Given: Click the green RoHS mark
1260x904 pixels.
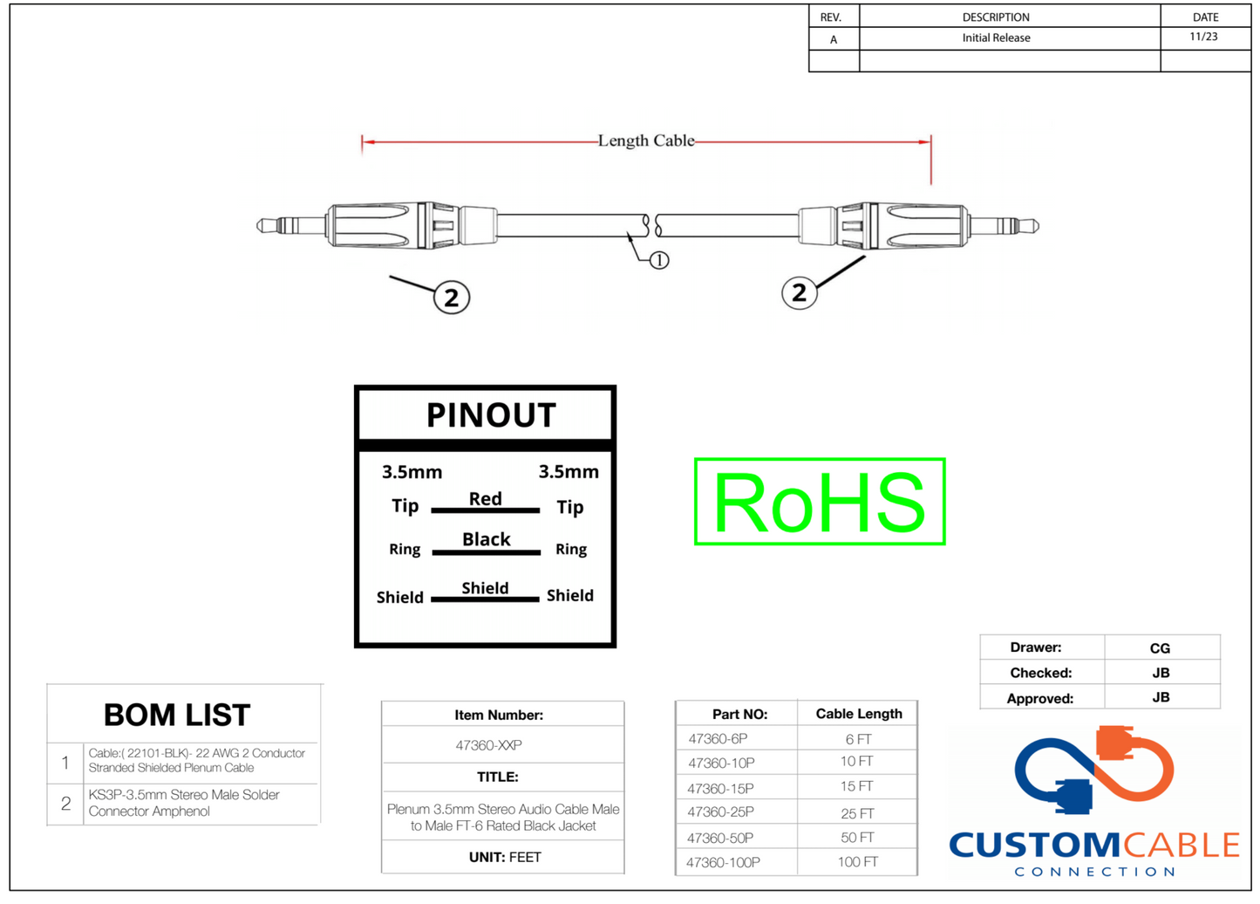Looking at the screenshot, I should (819, 502).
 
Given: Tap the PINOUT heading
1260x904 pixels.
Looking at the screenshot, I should (490, 415).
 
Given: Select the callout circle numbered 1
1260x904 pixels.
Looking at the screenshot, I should (659, 260).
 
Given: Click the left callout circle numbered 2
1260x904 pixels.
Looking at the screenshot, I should (452, 298).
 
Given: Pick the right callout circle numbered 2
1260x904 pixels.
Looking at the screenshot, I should (799, 292).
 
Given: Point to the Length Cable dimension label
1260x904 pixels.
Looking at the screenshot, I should (645, 140).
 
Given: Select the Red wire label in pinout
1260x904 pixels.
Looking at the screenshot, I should (485, 498).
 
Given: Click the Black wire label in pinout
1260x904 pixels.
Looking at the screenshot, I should (486, 539).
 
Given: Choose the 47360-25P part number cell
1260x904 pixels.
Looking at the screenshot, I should (720, 812).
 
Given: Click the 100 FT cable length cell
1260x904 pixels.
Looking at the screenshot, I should (857, 862).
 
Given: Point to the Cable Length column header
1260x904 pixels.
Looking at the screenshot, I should (858, 714).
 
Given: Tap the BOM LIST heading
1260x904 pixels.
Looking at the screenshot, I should (177, 716).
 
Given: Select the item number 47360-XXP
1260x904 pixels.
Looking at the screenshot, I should (488, 745).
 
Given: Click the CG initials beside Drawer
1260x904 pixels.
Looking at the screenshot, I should (1160, 648).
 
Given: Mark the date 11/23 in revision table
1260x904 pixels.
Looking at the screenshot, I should (1203, 38).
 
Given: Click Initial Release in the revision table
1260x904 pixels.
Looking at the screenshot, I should (996, 38).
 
